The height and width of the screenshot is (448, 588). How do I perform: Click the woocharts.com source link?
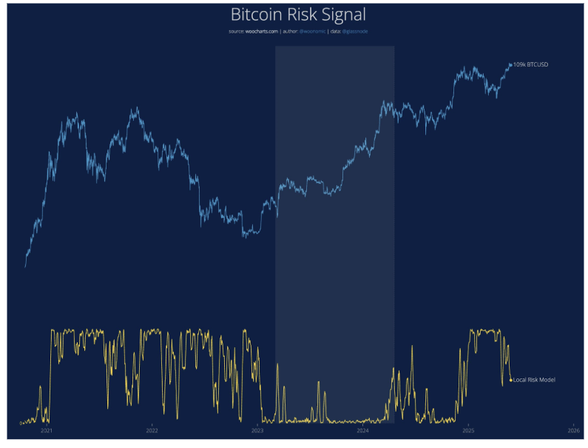(x=262, y=31)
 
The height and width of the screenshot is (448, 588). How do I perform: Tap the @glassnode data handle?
(x=354, y=31)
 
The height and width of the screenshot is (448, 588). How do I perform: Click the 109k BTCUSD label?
(x=531, y=64)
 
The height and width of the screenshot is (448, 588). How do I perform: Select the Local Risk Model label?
(x=534, y=380)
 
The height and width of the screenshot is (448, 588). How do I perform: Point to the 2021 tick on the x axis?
(x=46, y=430)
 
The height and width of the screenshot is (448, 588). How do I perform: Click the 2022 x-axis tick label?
(x=152, y=430)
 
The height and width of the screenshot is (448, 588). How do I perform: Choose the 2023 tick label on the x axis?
(x=257, y=430)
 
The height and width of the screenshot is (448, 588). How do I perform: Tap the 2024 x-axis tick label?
(x=363, y=430)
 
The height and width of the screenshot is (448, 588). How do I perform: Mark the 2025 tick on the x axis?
(x=468, y=430)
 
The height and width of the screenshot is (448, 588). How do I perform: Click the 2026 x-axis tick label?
(x=573, y=430)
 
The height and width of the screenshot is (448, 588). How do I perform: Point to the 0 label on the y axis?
(x=21, y=424)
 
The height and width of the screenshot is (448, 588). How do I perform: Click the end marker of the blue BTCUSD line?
(x=510, y=65)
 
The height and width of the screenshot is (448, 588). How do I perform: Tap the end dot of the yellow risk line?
(x=510, y=380)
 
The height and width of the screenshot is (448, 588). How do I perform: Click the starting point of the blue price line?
(x=25, y=267)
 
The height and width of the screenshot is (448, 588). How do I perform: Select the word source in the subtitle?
(x=237, y=31)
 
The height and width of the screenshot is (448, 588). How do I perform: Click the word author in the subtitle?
(x=289, y=31)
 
